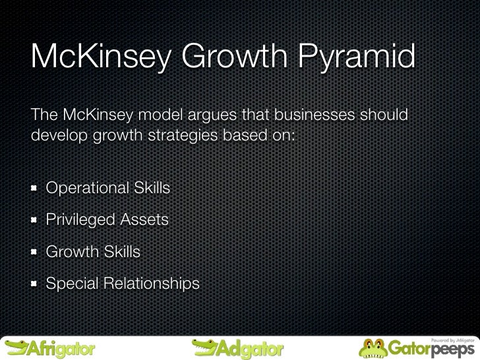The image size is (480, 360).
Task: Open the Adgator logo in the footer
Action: [x=237, y=346]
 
